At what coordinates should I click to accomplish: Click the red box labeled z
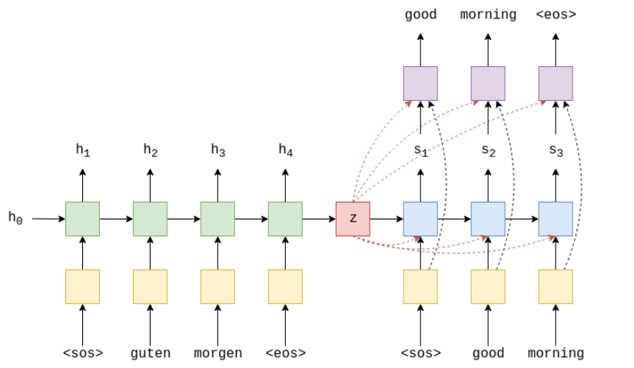353,219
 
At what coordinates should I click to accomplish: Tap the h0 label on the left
15,218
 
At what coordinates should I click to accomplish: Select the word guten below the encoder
150,353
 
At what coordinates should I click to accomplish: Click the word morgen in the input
217,353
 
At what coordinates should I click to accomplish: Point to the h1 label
82,151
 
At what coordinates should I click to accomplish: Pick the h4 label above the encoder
285,151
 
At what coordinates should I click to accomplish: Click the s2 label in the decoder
488,151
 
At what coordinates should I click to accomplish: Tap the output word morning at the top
488,15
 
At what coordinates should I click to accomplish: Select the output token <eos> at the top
556,15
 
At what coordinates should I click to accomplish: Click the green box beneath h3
217,219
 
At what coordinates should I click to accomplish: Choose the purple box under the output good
420,83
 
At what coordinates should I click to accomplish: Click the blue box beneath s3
556,219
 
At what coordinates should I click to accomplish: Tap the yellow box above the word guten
150,286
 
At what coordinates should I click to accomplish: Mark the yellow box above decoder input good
488,286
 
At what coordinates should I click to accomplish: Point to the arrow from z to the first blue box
387,219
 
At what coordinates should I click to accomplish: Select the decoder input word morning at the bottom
556,353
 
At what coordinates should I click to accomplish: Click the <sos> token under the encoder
82,353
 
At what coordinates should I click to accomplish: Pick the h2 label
150,151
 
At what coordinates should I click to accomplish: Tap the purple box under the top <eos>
556,83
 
